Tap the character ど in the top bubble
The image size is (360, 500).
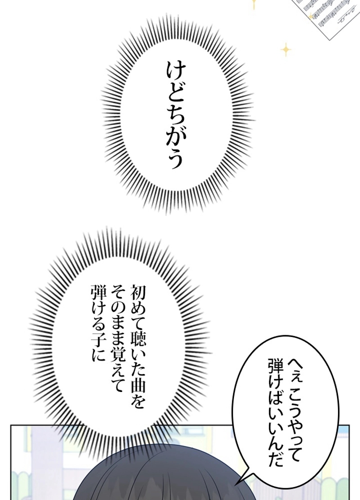pos(173,96)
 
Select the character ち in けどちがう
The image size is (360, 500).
pos(173,119)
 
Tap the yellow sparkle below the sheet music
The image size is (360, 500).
pos(285,50)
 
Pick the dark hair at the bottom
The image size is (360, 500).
pos(180,482)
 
